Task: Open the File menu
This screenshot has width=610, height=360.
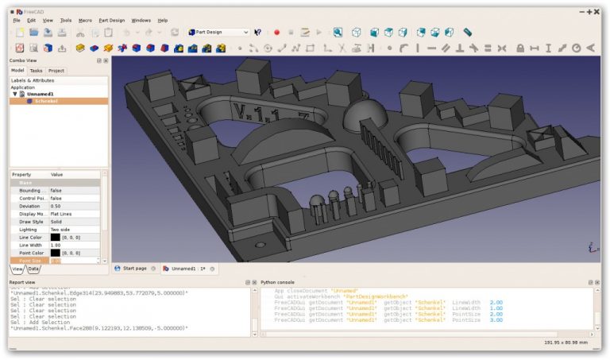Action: pos(17,20)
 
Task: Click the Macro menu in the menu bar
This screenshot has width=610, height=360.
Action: pos(85,20)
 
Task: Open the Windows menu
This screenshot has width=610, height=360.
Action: pos(141,20)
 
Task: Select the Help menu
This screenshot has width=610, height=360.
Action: pos(163,20)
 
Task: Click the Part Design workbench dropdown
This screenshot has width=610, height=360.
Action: pos(218,33)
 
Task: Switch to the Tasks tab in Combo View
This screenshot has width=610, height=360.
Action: pos(37,71)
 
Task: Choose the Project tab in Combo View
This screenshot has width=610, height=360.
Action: pos(56,71)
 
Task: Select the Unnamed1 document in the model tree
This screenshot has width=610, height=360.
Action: pos(41,94)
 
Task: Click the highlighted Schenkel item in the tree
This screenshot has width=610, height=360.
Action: pos(46,101)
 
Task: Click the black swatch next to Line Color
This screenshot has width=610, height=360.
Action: pos(55,237)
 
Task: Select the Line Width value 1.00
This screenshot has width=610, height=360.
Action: pos(56,245)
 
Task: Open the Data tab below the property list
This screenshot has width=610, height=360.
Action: pos(34,269)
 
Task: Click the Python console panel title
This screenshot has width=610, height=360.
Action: pos(278,282)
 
